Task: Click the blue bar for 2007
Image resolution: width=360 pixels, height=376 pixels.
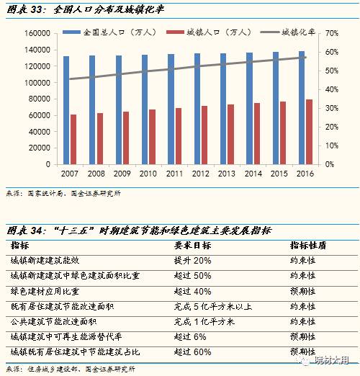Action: click(66, 110)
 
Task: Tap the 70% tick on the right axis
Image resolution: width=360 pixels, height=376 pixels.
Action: click(332, 34)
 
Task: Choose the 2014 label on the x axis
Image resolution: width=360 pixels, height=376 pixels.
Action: click(253, 174)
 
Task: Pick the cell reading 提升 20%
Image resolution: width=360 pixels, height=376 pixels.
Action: click(192, 260)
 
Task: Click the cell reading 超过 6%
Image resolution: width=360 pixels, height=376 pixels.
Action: click(190, 336)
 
